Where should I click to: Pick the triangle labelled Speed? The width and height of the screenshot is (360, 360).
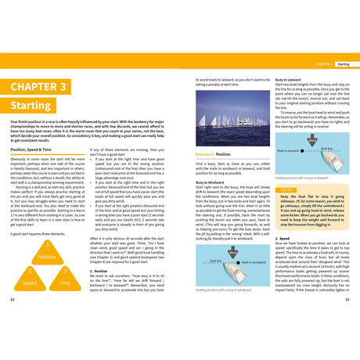click(30, 280)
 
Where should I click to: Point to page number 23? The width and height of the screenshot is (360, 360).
click(347, 300)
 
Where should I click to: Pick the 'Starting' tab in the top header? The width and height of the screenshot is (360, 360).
click(343, 65)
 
